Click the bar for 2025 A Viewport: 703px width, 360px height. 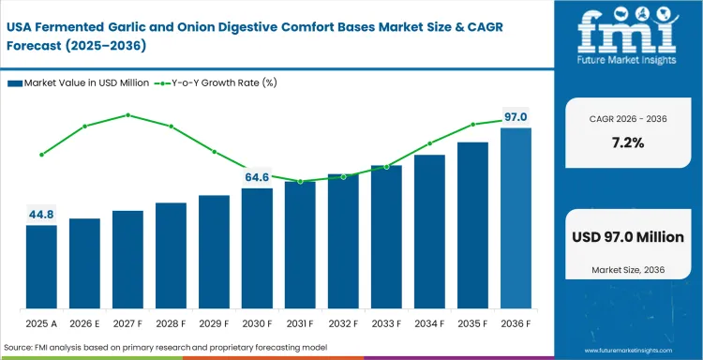tap(41, 267)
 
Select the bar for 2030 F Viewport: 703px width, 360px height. tap(257, 248)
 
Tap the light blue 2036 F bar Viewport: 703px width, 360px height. tap(516, 218)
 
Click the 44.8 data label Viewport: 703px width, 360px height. tap(41, 214)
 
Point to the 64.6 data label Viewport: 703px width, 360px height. tap(257, 176)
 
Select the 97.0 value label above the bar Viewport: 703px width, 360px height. tap(516, 117)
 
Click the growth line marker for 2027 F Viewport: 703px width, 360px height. tap(127, 115)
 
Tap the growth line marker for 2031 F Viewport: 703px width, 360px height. tap(300, 182)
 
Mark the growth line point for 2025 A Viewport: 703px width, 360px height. tap(41, 155)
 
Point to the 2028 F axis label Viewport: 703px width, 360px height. tap(171, 323)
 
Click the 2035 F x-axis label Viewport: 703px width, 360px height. tap(472, 323)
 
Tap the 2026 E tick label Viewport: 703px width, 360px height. tap(84, 323)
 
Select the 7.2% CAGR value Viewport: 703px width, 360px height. tap(626, 143)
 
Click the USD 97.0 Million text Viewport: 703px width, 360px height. tap(626, 237)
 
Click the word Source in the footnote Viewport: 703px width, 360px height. tap(20, 349)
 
